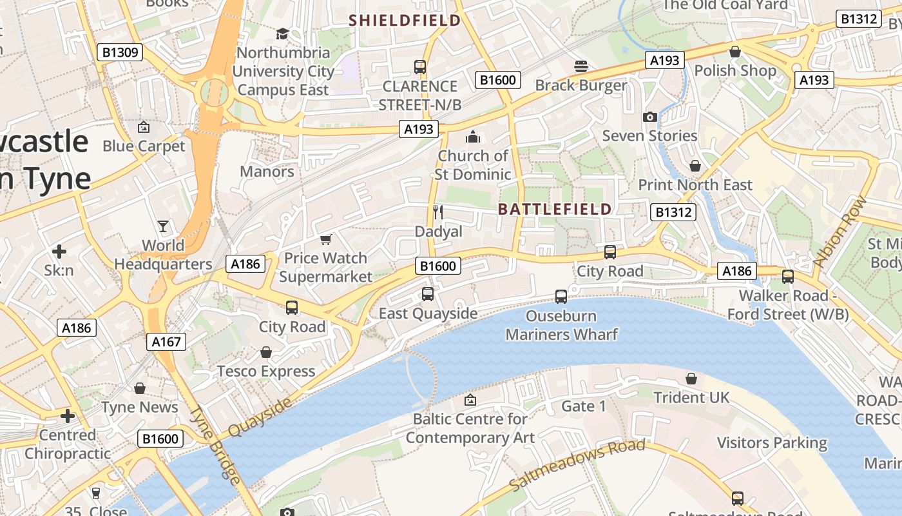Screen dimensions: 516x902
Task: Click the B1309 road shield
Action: click(120, 52)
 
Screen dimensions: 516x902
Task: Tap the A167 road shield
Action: click(166, 341)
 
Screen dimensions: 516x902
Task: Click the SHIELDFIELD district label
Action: click(405, 20)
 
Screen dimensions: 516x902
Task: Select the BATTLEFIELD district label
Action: click(555, 209)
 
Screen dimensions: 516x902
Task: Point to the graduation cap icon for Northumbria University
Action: click(282, 34)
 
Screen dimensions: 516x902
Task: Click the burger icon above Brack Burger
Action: click(581, 66)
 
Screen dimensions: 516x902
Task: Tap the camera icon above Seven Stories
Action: click(649, 117)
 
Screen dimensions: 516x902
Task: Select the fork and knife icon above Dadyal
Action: click(438, 212)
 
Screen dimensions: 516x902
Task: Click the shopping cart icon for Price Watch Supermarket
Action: click(326, 239)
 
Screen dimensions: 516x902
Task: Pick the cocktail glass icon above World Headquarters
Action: click(163, 226)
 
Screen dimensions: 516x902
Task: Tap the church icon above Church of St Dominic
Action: click(473, 137)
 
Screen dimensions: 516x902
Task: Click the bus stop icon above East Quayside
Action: click(427, 294)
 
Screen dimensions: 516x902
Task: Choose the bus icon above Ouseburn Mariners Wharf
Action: click(561, 297)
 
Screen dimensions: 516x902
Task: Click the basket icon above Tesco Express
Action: click(265, 352)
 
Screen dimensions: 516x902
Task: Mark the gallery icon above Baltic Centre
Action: click(470, 400)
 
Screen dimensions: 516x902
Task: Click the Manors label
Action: click(267, 172)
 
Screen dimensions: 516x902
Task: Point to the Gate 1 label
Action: click(584, 406)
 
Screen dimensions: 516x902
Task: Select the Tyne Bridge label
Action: click(216, 445)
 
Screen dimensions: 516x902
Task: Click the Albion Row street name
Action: click(840, 231)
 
